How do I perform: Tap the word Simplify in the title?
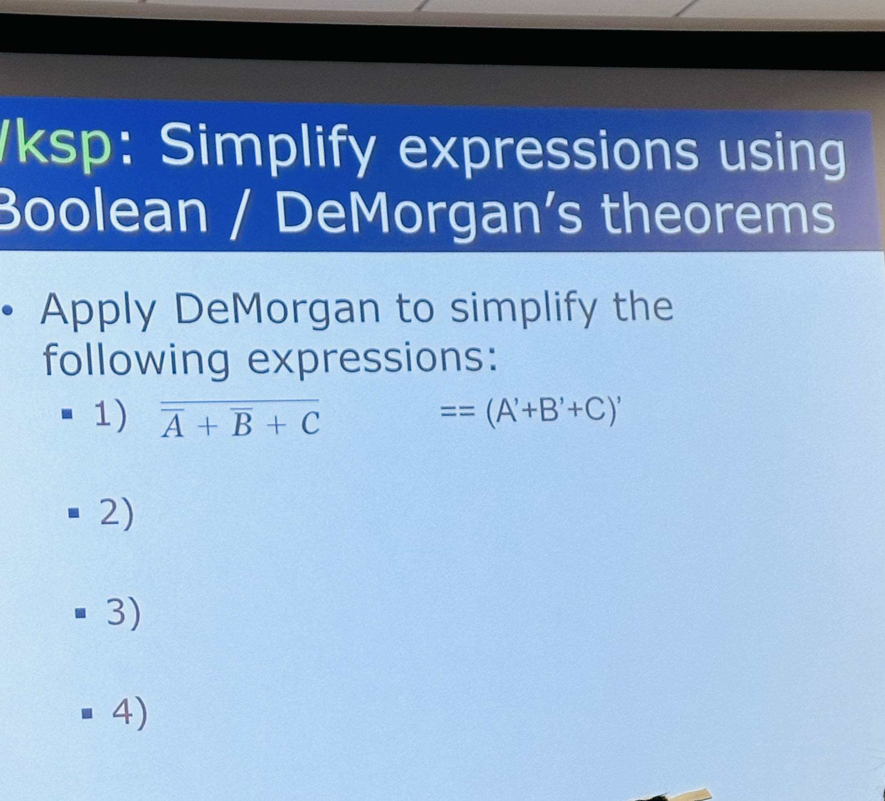pos(268,149)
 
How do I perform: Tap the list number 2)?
pos(117,513)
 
